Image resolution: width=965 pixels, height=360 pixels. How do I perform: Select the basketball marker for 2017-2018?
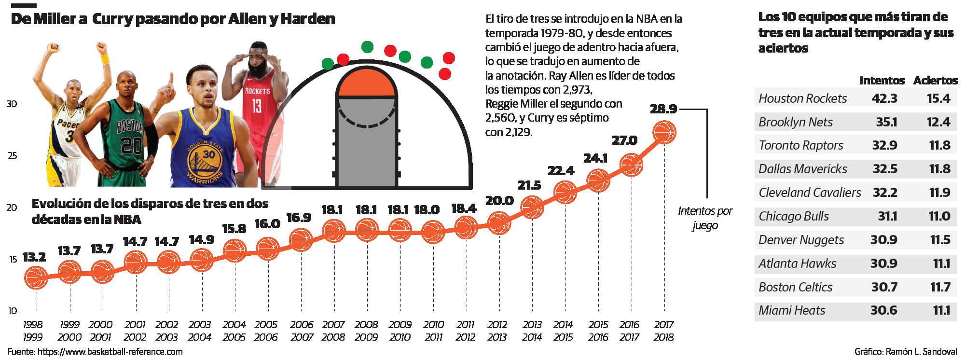click(x=664, y=133)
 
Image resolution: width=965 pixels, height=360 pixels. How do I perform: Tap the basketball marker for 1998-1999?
click(x=37, y=277)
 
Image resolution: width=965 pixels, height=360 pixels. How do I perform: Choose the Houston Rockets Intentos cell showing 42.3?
click(x=884, y=98)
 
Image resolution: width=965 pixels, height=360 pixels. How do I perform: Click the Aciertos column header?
click(x=935, y=81)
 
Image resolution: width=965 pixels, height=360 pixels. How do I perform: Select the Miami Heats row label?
click(x=792, y=310)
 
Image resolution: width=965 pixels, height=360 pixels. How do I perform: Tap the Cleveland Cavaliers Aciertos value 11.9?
click(x=938, y=193)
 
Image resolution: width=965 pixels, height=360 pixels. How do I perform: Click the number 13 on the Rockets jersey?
click(x=256, y=105)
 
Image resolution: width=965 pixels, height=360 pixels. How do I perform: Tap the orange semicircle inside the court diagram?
click(x=368, y=86)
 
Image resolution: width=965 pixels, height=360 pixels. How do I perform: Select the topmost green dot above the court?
click(x=367, y=47)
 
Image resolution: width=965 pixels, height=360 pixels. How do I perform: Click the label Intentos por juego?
click(x=705, y=218)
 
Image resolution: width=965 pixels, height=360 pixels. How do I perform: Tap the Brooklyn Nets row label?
click(x=795, y=122)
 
